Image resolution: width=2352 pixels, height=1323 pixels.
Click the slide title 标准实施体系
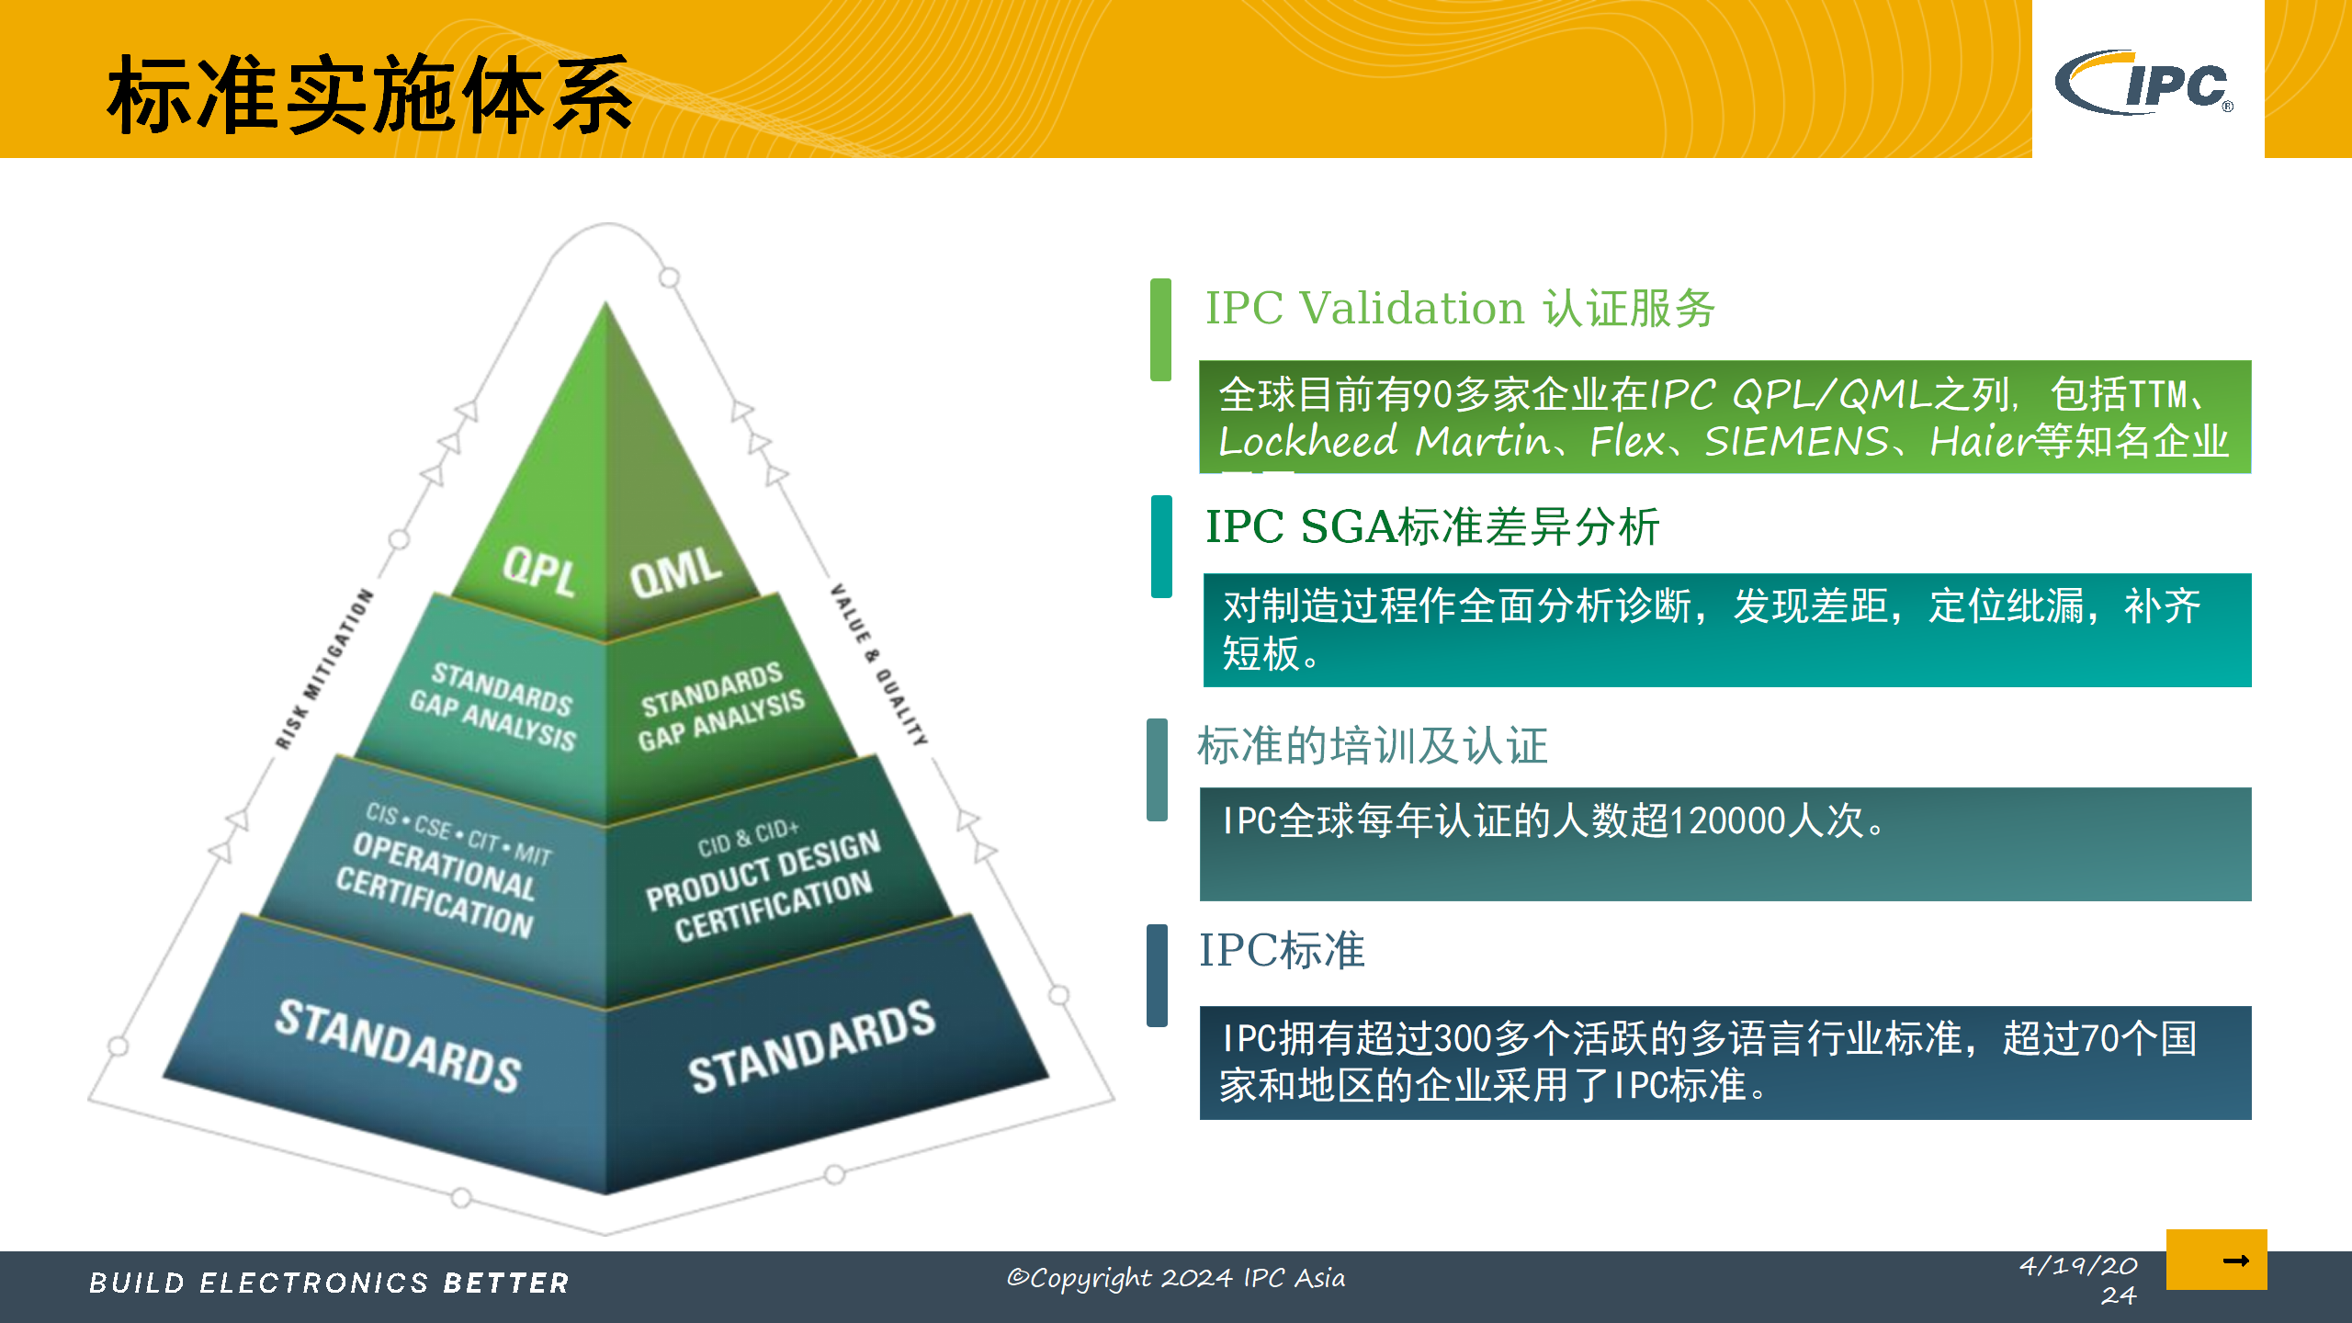coord(369,94)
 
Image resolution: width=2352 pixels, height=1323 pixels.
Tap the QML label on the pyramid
coord(675,571)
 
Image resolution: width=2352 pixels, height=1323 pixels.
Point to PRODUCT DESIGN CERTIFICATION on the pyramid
coord(763,887)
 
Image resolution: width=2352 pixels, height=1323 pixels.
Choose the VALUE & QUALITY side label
coord(878,663)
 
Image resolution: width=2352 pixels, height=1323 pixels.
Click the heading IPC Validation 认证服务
coord(1459,308)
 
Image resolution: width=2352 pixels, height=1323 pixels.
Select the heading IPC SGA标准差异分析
coord(1431,527)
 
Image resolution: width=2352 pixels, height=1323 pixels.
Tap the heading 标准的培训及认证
coord(1373,745)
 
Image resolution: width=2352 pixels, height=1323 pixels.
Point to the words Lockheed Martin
coord(1384,442)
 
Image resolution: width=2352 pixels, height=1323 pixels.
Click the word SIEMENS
coord(1796,442)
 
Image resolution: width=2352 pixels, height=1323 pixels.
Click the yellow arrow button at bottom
coord(2216,1260)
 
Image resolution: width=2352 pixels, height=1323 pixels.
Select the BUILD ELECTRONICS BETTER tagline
coord(329,1283)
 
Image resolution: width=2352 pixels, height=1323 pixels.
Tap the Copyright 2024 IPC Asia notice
coord(1176,1278)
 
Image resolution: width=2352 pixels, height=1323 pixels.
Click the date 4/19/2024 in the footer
coord(2078,1280)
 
